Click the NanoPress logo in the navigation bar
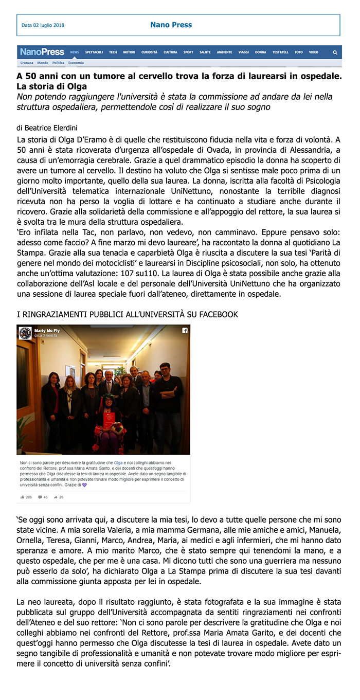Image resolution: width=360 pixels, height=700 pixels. click(42, 52)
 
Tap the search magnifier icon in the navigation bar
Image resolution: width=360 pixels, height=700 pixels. click(335, 52)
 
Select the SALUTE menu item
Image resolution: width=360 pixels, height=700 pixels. click(205, 52)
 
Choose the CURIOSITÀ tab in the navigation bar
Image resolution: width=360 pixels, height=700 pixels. click(150, 52)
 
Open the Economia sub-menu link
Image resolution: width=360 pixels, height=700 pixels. click(76, 63)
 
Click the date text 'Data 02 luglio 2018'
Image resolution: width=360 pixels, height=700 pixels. click(43, 25)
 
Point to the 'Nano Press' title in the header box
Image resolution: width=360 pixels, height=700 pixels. click(171, 25)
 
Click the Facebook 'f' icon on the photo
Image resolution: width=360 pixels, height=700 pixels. click(185, 331)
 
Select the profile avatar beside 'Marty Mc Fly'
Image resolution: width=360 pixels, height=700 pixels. click(25, 333)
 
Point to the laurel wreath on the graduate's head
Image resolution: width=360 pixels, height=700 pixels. click(109, 397)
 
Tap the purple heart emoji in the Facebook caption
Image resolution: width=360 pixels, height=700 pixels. click(84, 484)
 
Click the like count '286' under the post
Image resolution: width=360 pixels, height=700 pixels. click(28, 497)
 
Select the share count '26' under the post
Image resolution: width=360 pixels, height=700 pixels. click(61, 497)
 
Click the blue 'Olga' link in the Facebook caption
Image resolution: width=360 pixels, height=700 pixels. click(118, 463)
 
